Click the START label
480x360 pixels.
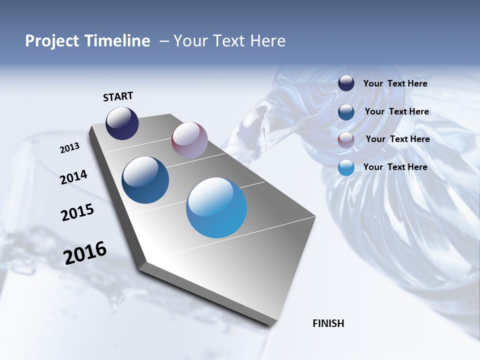[x=118, y=96]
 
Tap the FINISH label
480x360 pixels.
[x=328, y=323]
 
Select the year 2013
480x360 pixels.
[x=69, y=148]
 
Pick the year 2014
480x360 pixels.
[x=73, y=177]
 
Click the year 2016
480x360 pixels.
[x=85, y=253]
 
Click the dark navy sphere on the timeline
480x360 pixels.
[x=122, y=123]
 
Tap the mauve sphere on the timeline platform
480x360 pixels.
[x=189, y=140]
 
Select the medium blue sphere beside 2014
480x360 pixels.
[x=145, y=180]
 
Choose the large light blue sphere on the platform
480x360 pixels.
[x=216, y=207]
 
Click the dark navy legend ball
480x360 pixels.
[x=346, y=83]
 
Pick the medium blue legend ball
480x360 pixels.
[x=346, y=112]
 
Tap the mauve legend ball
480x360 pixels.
[x=346, y=140]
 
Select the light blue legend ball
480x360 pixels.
[x=346, y=168]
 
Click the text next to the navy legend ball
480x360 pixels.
[x=395, y=84]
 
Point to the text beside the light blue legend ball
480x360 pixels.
[x=395, y=167]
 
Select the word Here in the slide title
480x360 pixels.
[x=267, y=41]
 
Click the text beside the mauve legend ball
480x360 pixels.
[x=397, y=139]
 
